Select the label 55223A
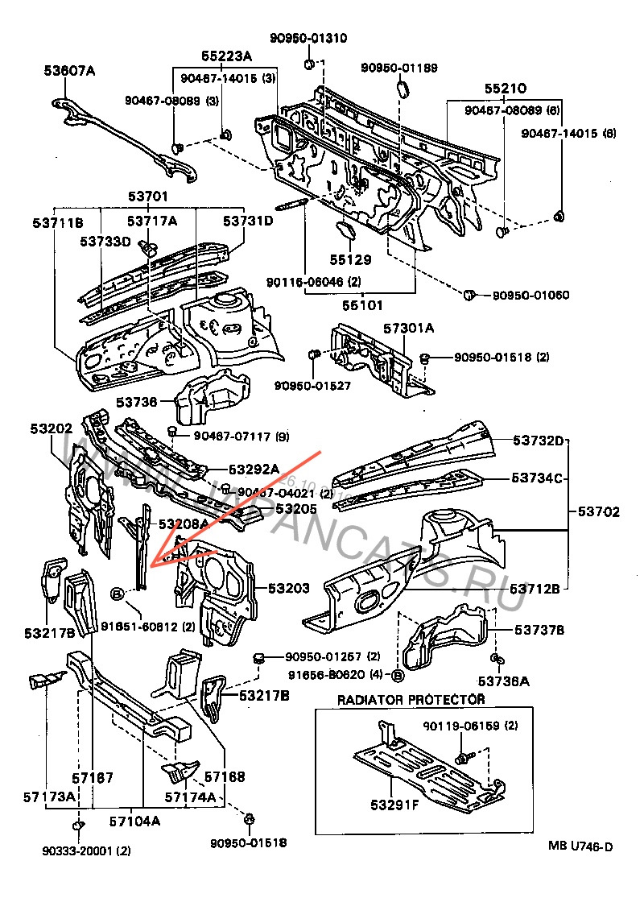226,56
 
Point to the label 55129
349,260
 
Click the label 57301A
408,329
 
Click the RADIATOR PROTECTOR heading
411,700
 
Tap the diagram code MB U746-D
580,846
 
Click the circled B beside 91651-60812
118,594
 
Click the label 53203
288,589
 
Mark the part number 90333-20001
76,850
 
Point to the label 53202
52,429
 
